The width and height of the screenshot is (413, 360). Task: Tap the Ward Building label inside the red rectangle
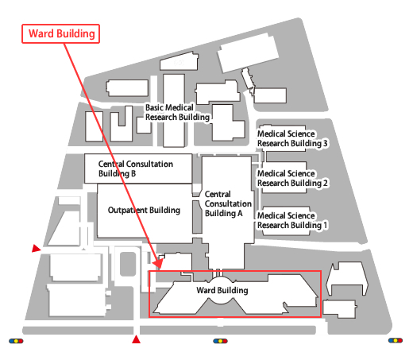(x=222, y=291)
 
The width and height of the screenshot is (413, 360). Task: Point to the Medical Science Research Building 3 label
(x=292, y=138)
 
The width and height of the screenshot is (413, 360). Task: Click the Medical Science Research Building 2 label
(x=292, y=178)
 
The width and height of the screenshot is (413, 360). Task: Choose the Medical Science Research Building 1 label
(x=292, y=220)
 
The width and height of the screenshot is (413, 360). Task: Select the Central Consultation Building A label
(x=230, y=203)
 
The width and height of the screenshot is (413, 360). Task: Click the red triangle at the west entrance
(x=35, y=250)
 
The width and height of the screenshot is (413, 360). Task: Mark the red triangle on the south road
(x=136, y=341)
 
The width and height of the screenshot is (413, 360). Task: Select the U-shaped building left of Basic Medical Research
(x=121, y=124)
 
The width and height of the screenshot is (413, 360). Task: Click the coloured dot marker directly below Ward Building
(x=220, y=341)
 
